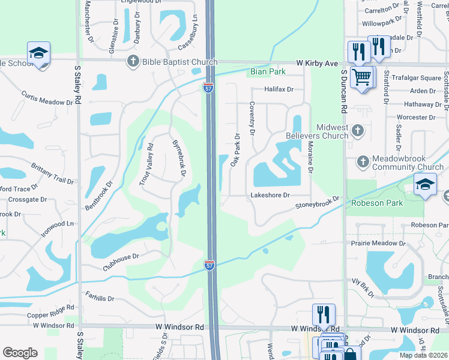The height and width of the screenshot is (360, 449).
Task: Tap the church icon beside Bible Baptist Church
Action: point(132,61)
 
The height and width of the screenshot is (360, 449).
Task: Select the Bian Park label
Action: point(267,72)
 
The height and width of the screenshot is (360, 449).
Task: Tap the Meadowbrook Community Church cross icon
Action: point(363,161)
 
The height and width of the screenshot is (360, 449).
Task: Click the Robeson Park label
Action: point(378,203)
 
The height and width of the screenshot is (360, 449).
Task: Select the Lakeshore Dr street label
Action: point(270,195)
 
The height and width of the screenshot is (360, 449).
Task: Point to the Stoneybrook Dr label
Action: point(317,203)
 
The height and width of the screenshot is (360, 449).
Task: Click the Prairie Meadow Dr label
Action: point(380,243)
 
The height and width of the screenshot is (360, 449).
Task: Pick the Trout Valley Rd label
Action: point(147,165)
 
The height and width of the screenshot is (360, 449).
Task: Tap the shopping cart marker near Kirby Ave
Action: point(361,77)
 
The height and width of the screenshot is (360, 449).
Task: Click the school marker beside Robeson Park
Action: point(425,185)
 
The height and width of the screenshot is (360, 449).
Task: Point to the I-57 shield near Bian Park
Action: point(208,87)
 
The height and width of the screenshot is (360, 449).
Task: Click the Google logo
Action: point(20,353)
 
